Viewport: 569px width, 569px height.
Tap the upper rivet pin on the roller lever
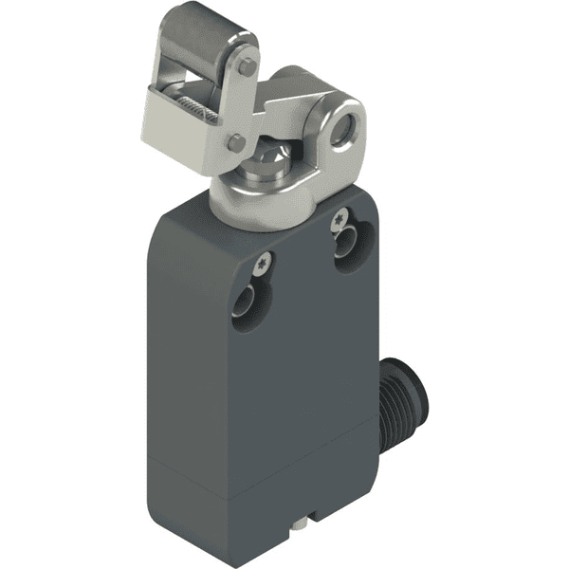[x=247, y=67]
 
